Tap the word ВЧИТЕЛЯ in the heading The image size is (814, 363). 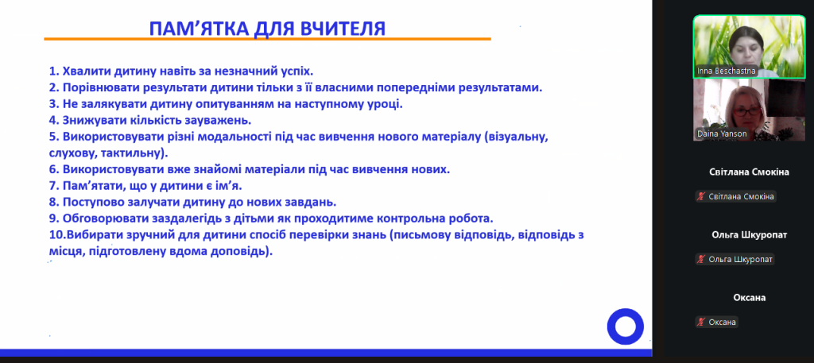click(343, 29)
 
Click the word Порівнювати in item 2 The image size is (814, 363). click(96, 87)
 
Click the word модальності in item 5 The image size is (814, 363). click(235, 137)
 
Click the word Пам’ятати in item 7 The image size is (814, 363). click(90, 186)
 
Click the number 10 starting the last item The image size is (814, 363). click(56, 235)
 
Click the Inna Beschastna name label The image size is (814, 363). click(726, 71)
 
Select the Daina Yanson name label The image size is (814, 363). click(722, 133)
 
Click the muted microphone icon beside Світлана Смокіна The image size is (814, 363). click(701, 196)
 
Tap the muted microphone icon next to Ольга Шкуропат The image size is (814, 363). click(701, 259)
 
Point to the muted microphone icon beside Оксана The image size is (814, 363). click(701, 322)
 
